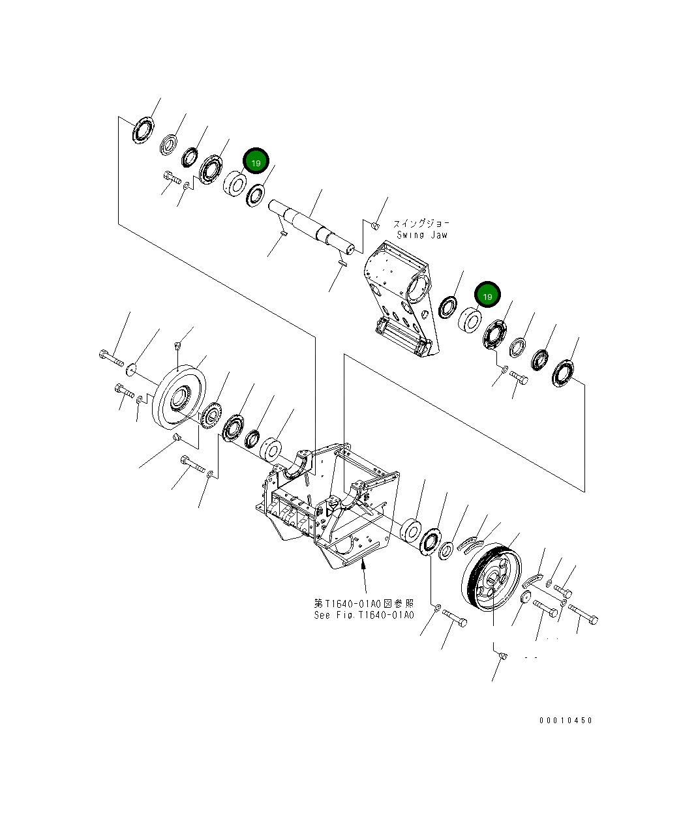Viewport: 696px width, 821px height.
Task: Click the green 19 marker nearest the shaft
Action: tap(256, 162)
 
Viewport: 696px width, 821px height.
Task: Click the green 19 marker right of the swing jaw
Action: tap(487, 296)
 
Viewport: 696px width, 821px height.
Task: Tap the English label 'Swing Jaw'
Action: tap(421, 235)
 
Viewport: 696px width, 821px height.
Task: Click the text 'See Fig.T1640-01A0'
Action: tap(363, 615)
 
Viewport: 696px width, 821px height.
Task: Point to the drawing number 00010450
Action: tap(566, 721)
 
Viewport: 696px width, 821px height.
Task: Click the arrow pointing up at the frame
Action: tap(363, 574)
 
